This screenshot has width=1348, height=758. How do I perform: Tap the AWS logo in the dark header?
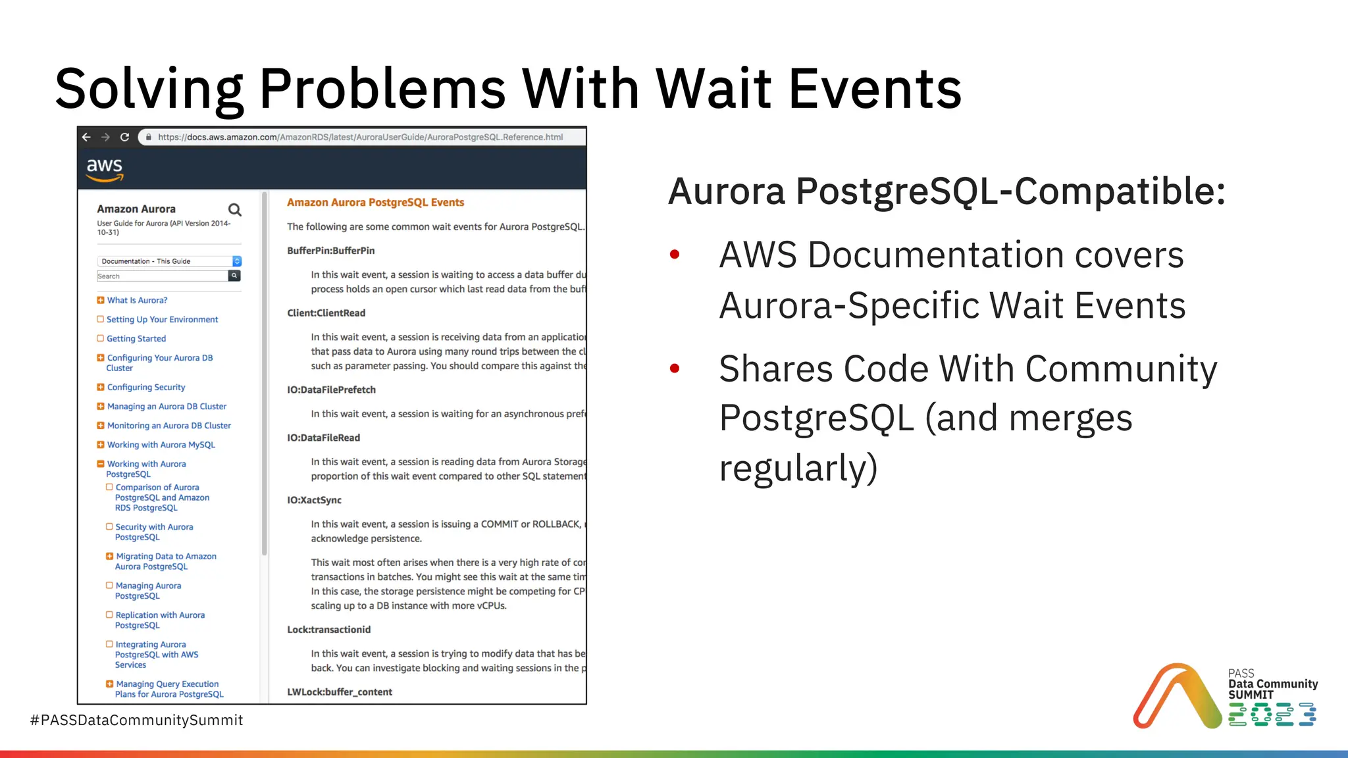pyautogui.click(x=105, y=168)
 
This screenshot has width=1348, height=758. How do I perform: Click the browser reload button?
pyautogui.click(x=124, y=137)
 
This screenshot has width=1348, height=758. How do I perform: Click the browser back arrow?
pyautogui.click(x=86, y=137)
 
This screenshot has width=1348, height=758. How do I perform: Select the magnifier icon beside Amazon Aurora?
pyautogui.click(x=234, y=210)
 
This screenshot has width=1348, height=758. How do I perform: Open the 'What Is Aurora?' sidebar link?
pyautogui.click(x=137, y=300)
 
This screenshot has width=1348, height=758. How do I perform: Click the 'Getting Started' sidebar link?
pyautogui.click(x=136, y=338)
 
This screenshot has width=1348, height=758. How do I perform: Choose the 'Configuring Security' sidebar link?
pyautogui.click(x=145, y=387)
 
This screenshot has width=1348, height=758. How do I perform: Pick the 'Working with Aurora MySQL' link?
pyautogui.click(x=161, y=445)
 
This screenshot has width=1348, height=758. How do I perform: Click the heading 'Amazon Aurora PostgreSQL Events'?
pyautogui.click(x=375, y=203)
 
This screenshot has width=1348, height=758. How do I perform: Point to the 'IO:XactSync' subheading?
pyautogui.click(x=314, y=500)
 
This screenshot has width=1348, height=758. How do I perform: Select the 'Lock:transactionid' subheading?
pyautogui.click(x=328, y=630)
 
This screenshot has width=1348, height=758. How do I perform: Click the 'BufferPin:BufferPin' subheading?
pyautogui.click(x=330, y=251)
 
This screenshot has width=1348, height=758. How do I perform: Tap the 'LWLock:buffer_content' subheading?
pyautogui.click(x=339, y=692)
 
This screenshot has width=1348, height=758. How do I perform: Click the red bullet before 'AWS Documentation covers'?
pyautogui.click(x=674, y=255)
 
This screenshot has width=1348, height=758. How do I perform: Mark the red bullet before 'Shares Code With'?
pyautogui.click(x=674, y=368)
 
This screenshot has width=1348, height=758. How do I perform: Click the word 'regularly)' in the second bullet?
pyautogui.click(x=798, y=468)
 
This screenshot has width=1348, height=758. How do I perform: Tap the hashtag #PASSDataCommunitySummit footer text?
pyautogui.click(x=136, y=720)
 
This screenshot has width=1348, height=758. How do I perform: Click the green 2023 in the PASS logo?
pyautogui.click(x=1272, y=715)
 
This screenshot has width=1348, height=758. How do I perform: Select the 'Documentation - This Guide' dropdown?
pyautogui.click(x=168, y=261)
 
